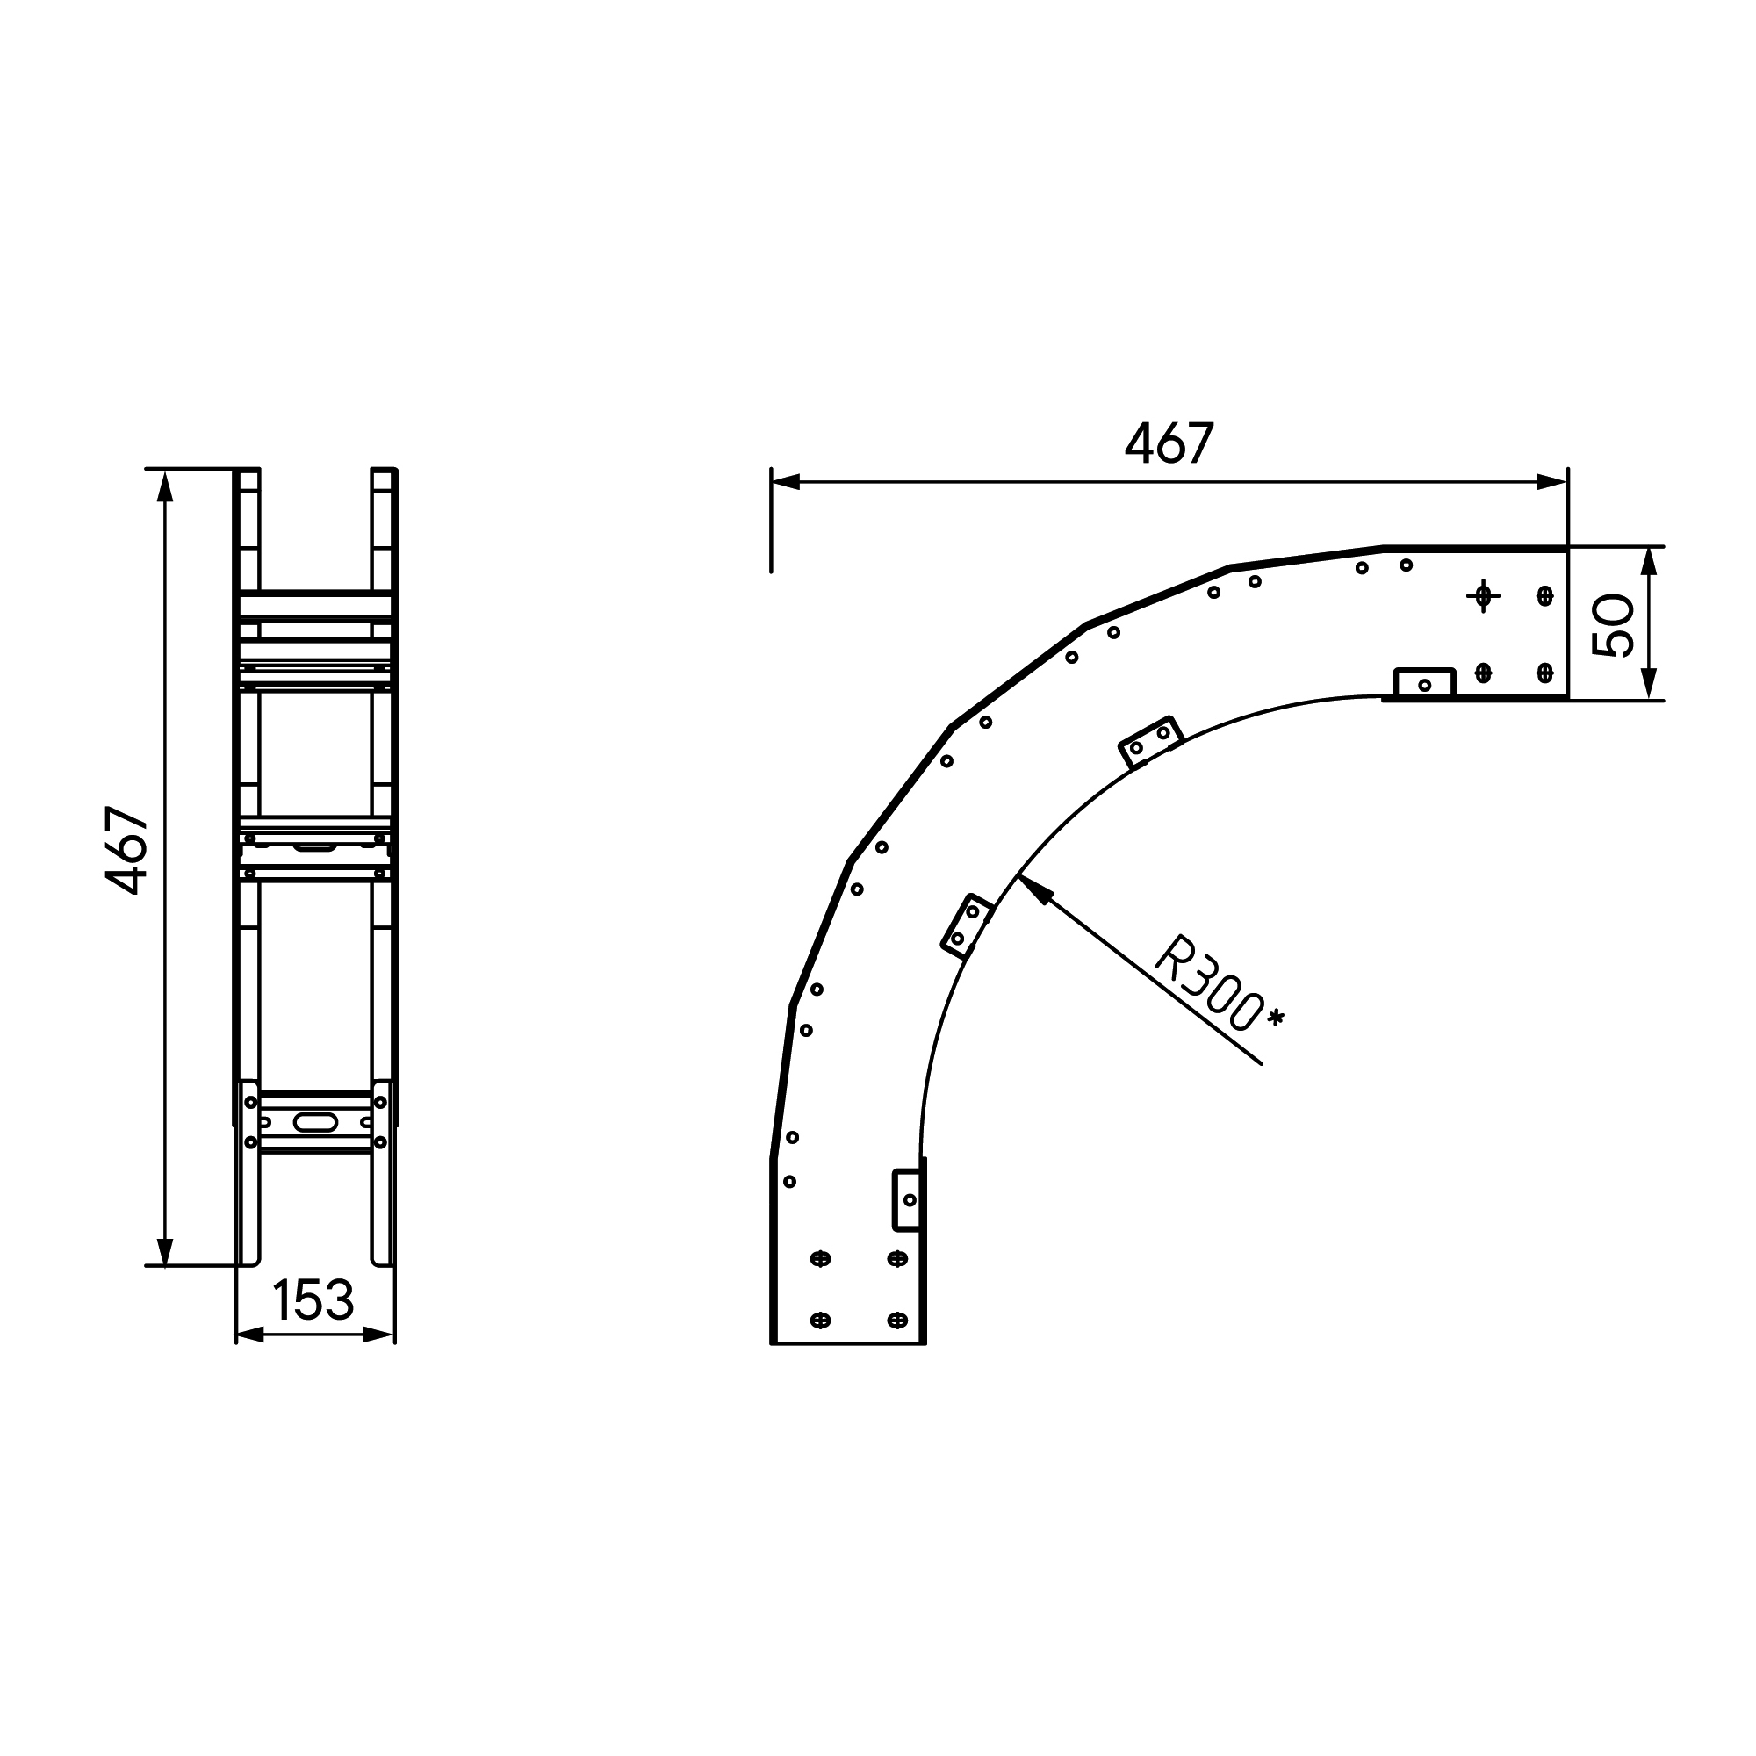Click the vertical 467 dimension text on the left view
tap(127, 851)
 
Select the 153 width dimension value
tap(313, 1300)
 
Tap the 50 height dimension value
tap(1613, 624)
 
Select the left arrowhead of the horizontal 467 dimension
tap(785, 482)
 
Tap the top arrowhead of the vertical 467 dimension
tap(164, 486)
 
